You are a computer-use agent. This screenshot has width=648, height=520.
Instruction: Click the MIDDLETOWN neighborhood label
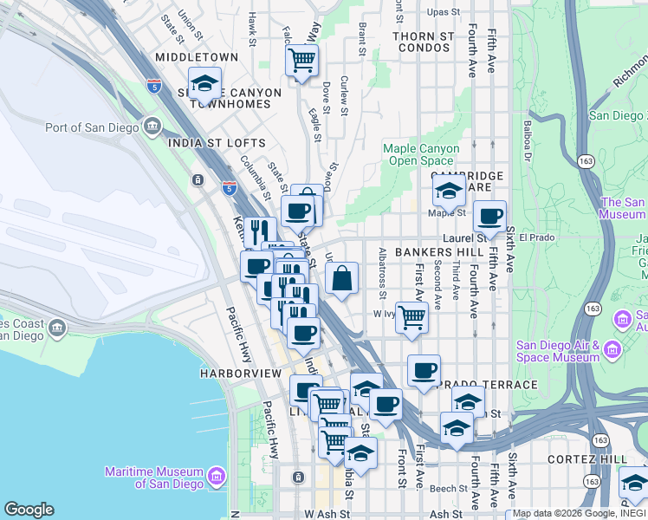[x=196, y=57]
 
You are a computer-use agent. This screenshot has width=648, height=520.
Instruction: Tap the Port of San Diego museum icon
[x=152, y=127]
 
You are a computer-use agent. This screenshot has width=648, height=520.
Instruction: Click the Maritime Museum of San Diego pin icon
[x=216, y=475]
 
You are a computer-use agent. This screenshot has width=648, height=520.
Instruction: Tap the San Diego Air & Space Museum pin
[x=612, y=350]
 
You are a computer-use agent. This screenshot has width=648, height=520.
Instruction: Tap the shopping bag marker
[x=342, y=279]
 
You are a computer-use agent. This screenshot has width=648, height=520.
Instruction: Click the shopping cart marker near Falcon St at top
[x=301, y=61]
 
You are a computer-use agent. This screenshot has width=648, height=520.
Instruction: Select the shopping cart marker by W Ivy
[x=411, y=316]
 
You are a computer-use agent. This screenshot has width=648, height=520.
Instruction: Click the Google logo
[x=29, y=509]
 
